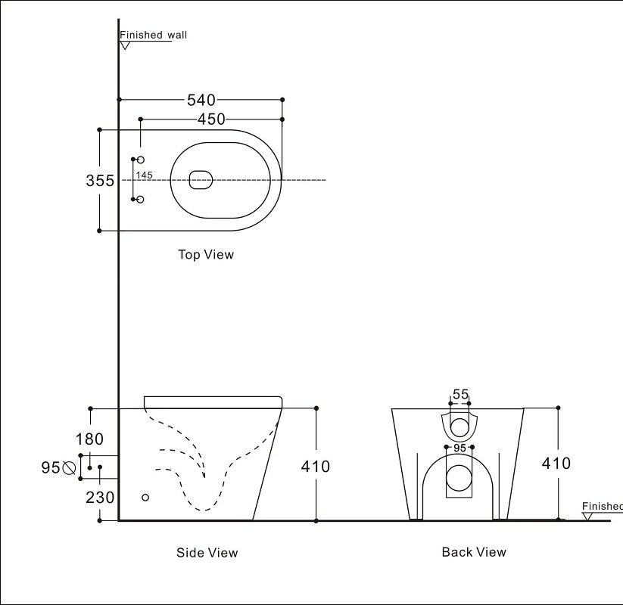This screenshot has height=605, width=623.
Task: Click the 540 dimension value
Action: tap(201, 100)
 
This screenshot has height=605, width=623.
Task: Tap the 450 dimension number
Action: tap(211, 119)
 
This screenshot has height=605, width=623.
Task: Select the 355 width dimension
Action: tap(100, 181)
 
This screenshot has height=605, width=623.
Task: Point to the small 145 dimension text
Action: tap(145, 175)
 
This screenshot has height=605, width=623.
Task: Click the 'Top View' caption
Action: tap(206, 254)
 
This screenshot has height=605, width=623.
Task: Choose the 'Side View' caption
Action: tap(207, 553)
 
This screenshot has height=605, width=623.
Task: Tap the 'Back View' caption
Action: tap(474, 552)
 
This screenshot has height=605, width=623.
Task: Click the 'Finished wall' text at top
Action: tap(154, 35)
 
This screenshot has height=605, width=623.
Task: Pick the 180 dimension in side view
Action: tap(89, 439)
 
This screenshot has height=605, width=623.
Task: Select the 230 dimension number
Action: tap(100, 498)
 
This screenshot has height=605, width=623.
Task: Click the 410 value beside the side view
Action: tap(316, 467)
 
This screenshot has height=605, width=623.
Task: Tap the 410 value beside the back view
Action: tap(556, 464)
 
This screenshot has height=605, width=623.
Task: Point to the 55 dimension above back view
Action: tap(460, 394)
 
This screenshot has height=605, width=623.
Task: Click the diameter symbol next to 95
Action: tap(69, 468)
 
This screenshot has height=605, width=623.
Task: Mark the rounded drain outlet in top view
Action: tap(201, 180)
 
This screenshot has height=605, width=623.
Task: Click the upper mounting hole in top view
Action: tap(140, 160)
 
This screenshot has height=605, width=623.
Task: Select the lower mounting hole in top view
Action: tap(140, 200)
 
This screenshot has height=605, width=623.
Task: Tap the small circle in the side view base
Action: tap(145, 498)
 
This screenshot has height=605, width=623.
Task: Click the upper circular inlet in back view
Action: tap(459, 427)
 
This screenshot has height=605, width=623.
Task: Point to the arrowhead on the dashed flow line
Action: tap(204, 474)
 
